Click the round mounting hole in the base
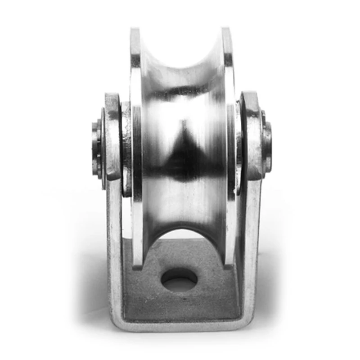coord(179,280)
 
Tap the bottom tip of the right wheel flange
coord(230,263)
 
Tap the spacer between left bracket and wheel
coord(126,148)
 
